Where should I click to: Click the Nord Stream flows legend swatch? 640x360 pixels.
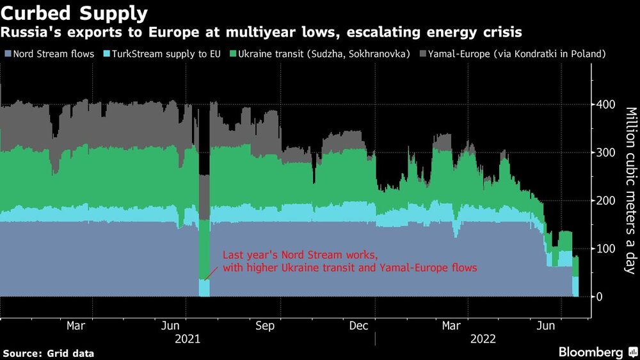(8, 54)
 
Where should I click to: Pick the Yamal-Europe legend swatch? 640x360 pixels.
(424, 54)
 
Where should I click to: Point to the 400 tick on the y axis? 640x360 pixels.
(606, 104)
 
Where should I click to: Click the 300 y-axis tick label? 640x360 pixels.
(606, 152)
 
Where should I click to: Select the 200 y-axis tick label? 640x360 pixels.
(606, 200)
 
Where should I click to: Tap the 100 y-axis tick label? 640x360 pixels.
(606, 249)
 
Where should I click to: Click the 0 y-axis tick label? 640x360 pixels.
(600, 297)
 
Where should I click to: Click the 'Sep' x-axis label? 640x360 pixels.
(264, 326)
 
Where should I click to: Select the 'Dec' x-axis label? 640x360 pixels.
(358, 326)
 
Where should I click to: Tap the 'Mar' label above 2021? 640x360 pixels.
(76, 326)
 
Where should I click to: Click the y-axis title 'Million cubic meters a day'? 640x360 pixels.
(631, 190)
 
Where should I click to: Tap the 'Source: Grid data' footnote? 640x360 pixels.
(49, 353)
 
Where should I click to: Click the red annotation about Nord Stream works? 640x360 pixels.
(349, 261)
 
